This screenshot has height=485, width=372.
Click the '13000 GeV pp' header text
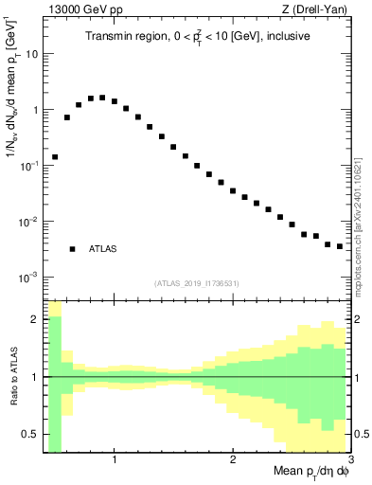click(76, 9)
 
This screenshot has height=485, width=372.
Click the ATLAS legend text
click(103, 249)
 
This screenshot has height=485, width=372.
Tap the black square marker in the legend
click(72, 249)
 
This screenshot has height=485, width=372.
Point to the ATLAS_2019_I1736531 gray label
click(196, 283)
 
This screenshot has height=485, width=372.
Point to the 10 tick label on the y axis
click(30, 54)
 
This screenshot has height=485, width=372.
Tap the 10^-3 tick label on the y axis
click(28, 278)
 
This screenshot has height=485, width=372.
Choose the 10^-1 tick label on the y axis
click(28, 166)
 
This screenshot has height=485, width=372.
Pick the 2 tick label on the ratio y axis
click(34, 319)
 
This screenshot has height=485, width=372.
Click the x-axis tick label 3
click(349, 459)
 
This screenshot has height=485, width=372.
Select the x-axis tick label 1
click(115, 459)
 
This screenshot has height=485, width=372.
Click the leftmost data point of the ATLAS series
click(55, 156)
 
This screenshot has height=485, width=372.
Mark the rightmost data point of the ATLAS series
click(340, 246)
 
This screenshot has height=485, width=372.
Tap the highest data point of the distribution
click(102, 97)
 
